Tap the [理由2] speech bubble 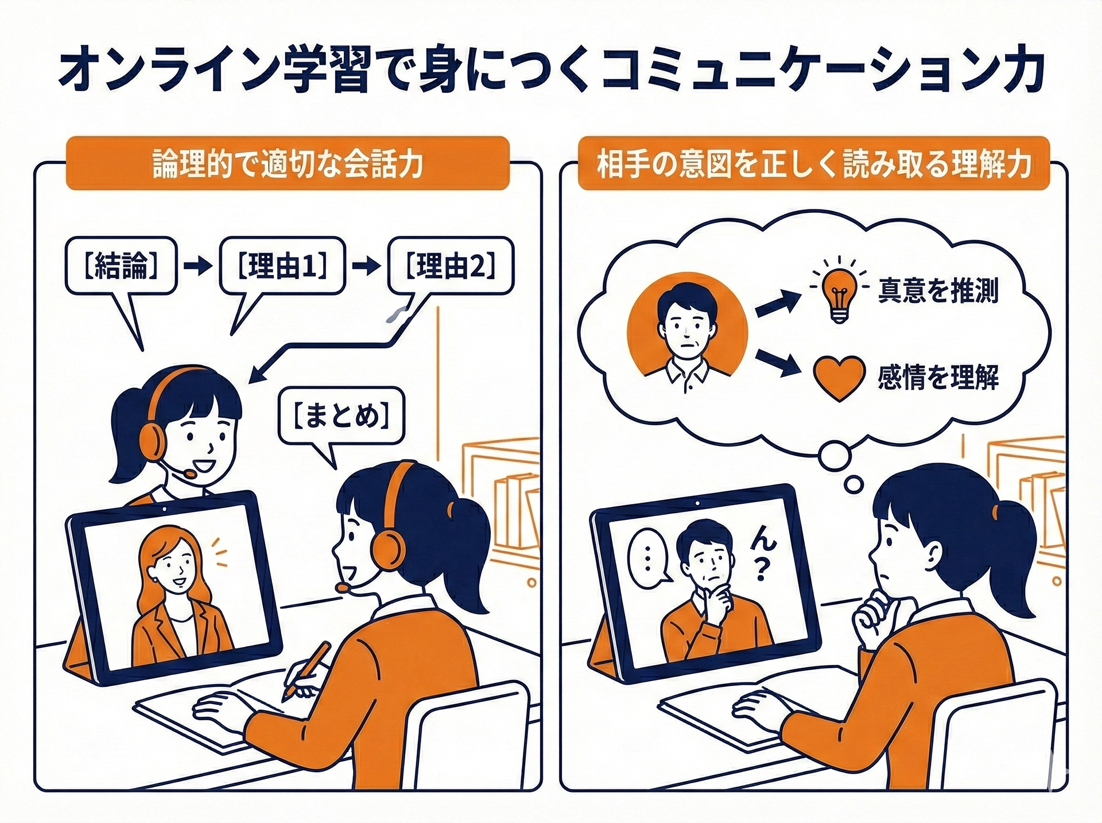tap(451, 267)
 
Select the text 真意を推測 tap(938, 290)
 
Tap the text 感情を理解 tap(938, 377)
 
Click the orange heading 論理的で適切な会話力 tap(288, 163)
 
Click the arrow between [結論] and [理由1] tap(199, 268)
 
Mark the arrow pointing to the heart tap(778, 363)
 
